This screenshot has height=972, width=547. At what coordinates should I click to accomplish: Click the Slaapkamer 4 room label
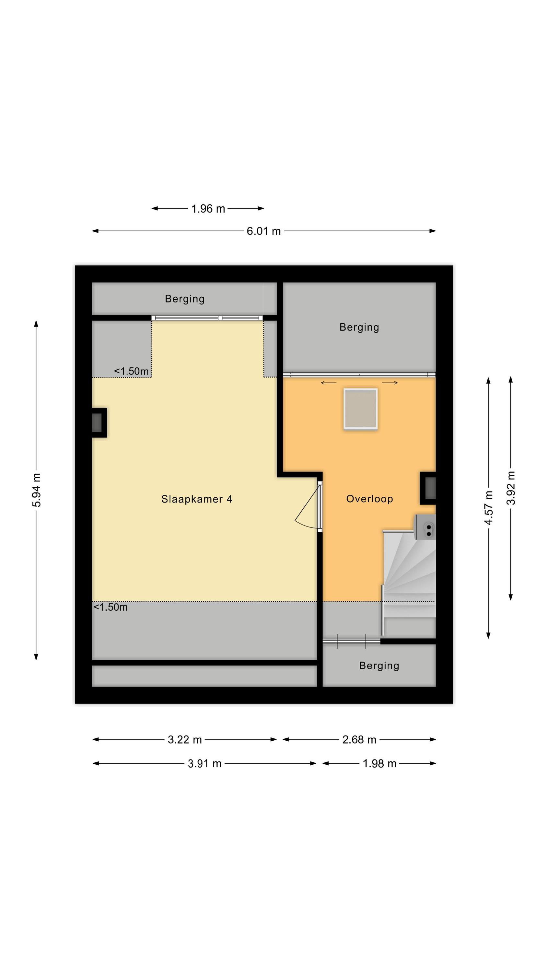pos(197,499)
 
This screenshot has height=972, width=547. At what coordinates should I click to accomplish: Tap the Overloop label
pos(369,499)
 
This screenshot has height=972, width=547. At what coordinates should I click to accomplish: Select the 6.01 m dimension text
pos(264,231)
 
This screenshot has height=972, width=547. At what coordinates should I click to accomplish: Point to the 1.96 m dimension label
pos(208,209)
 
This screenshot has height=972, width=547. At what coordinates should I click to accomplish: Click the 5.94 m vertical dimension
pos(36,490)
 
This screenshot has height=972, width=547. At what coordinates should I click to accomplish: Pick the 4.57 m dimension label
pos(488,507)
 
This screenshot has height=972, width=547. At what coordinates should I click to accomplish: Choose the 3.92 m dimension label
pos(511,488)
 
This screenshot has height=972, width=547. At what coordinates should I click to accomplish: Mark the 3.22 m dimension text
pos(185,740)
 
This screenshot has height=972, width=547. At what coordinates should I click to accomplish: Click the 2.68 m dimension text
pos(359,740)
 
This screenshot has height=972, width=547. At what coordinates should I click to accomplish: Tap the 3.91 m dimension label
pos(204,764)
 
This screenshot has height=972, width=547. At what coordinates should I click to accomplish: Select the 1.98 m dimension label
pos(379,764)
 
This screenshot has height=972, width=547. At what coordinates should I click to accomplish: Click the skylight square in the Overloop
pos(361,409)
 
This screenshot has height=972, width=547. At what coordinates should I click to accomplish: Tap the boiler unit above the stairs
pos(425,527)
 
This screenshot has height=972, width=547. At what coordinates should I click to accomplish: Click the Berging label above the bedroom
pos(185,299)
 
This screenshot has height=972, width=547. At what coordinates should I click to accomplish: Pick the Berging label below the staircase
pos(379,665)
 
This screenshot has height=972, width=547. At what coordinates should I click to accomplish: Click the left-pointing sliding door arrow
pos(328,383)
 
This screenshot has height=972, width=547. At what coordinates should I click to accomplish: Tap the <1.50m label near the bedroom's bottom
pos(110,607)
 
